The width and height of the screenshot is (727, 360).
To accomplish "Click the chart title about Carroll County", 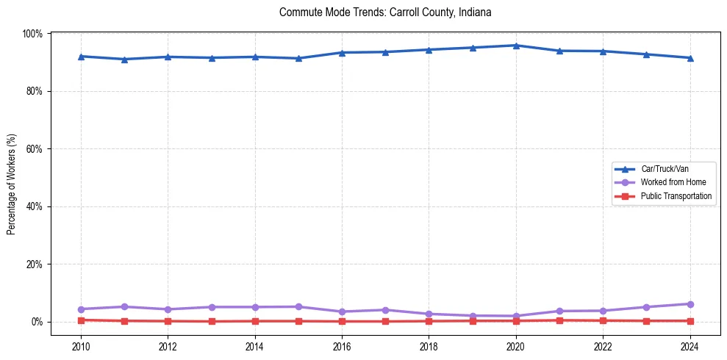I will pos(385,12).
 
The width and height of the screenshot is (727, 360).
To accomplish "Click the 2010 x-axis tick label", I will pos(81,346).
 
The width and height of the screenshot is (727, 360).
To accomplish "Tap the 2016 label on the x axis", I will pos(342,346).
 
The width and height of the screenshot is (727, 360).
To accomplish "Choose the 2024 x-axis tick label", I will pos(690,346).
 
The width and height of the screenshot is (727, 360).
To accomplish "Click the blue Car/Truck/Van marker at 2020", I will pos(516,46).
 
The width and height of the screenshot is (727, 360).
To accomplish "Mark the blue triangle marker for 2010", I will pos(81,57).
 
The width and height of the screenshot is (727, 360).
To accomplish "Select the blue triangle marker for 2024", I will pos(690,58).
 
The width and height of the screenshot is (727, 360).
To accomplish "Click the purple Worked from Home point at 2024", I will pos(690,304).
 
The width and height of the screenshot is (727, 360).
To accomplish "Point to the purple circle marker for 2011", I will pos(124,306).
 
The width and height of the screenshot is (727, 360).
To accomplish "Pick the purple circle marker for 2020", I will pos(516,316).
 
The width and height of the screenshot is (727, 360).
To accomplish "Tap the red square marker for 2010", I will pos(81,320).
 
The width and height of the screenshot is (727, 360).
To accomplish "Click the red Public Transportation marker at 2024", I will pos(690,321).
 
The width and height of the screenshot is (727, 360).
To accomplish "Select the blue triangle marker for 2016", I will pos(342,53).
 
